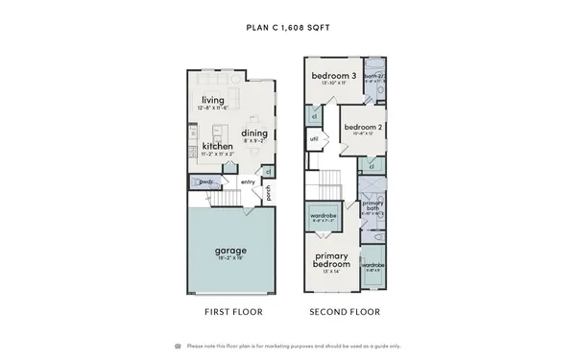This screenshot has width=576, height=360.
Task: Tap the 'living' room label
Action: point(213,100)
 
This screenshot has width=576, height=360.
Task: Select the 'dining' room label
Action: point(254,133)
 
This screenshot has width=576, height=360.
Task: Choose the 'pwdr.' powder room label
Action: point(206,181)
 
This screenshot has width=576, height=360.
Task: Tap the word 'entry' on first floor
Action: point(248,182)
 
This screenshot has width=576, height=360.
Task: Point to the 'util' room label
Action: point(314,139)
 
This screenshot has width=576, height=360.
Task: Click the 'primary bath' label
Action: point(372,207)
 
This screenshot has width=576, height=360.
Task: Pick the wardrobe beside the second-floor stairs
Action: point(323,217)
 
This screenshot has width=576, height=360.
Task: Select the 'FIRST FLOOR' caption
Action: point(234,312)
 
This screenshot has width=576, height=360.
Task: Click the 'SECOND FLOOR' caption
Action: point(344,312)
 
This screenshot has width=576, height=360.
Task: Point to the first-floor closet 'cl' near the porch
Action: point(268,171)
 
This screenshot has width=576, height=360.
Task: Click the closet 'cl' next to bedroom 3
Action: point(314,115)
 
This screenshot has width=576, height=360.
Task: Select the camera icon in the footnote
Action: point(178,346)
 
